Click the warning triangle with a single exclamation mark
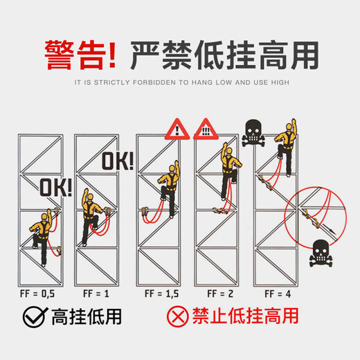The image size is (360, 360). [x=178, y=129]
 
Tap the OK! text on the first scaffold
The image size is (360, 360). [x=55, y=187]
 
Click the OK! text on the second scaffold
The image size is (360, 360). [x=118, y=161]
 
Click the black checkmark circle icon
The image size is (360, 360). [x=35, y=317]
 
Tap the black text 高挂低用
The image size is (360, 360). [x=87, y=317]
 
